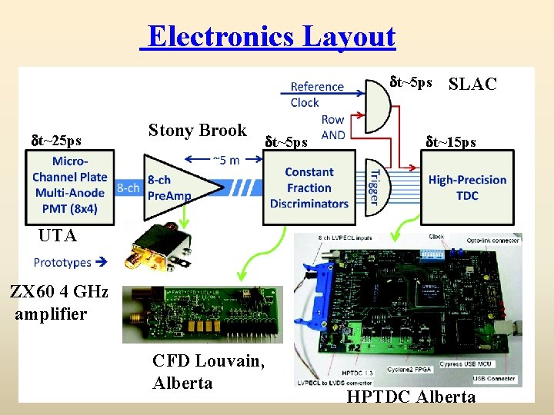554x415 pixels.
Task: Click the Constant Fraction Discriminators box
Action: click(x=309, y=188)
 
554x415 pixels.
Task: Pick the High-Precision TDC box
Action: click(x=467, y=187)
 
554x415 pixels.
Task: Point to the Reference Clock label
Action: click(x=316, y=94)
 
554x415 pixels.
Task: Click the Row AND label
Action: click(x=332, y=128)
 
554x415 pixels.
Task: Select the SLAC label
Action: click(x=472, y=84)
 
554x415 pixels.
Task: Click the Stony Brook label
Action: click(x=197, y=130)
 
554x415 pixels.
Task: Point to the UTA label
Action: click(x=58, y=236)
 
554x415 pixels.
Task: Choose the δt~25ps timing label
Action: click(x=55, y=141)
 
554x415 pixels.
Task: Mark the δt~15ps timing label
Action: click(x=451, y=141)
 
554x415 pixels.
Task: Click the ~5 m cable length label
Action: click(x=225, y=160)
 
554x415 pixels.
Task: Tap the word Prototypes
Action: click(x=63, y=262)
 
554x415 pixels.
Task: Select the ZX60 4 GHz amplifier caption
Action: click(x=59, y=303)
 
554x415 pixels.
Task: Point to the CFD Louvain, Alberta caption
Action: click(x=209, y=371)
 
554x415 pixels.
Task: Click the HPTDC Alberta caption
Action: click(x=411, y=397)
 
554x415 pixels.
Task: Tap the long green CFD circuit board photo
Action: click(x=202, y=314)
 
